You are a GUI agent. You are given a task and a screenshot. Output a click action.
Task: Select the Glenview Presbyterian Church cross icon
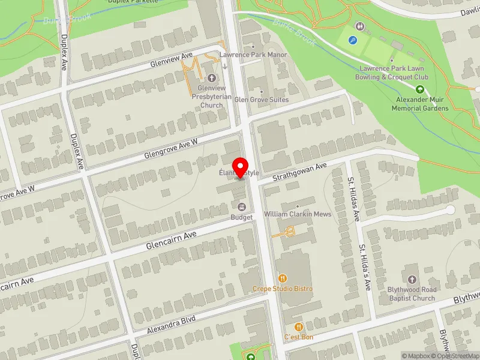(211, 78)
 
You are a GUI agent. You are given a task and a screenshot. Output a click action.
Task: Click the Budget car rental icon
(242, 207)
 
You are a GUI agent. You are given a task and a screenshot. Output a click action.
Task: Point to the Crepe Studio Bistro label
(282, 289)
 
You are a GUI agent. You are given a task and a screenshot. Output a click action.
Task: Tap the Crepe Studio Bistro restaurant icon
(282, 278)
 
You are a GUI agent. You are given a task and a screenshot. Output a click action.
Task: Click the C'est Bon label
(299, 337)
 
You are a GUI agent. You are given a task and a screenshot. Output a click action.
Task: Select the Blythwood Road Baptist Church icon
(412, 280)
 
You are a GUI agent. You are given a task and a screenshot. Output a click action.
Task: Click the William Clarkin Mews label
(290, 214)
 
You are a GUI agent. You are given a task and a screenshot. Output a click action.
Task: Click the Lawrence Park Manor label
(253, 55)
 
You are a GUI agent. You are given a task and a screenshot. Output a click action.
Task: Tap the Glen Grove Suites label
(261, 100)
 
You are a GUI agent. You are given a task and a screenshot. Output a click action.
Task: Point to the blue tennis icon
(354, 41)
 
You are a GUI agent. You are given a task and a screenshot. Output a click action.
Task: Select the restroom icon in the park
(359, 26)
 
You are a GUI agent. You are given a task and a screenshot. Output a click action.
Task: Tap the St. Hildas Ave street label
(353, 199)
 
